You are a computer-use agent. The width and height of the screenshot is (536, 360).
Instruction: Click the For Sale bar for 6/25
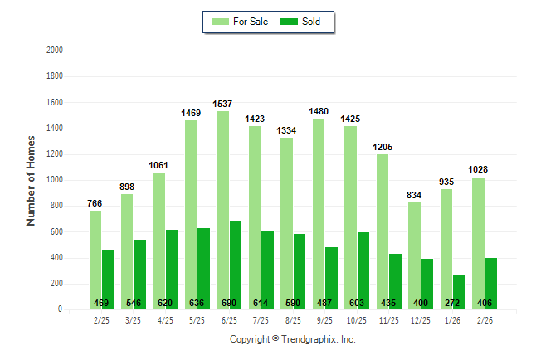click(222, 211)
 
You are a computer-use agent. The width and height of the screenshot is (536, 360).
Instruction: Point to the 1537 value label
click(222, 104)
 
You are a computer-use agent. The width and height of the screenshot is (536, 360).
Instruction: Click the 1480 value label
click(319, 111)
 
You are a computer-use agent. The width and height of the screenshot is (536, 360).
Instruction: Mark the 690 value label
click(229, 303)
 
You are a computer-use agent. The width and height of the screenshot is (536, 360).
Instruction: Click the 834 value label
click(414, 195)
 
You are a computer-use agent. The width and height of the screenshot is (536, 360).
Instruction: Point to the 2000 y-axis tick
click(54, 50)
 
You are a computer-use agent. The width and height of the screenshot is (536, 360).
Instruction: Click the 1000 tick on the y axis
click(54, 180)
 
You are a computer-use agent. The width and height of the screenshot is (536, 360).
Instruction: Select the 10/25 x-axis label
click(357, 320)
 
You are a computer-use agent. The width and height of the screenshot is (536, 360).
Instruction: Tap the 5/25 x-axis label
click(197, 320)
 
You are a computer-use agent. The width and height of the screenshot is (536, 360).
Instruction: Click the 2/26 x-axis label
click(485, 320)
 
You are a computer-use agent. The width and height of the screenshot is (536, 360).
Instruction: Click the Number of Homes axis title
click(32, 180)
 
